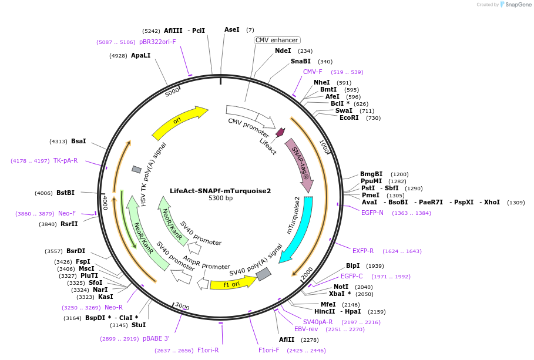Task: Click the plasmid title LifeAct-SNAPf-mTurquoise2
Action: [x=220, y=191]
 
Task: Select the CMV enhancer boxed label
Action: [x=277, y=40]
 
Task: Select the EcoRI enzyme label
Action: [x=349, y=118]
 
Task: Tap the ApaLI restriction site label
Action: [x=141, y=56]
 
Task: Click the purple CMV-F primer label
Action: [x=313, y=72]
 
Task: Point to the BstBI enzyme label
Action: [x=65, y=193]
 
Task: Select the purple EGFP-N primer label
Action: [x=372, y=213]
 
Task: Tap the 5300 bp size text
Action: [x=220, y=198]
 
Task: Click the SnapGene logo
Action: [x=517, y=5]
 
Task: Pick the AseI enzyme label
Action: [x=232, y=29]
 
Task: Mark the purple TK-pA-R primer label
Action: [x=65, y=160]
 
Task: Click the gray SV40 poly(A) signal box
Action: [x=264, y=274]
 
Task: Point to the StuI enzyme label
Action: [x=139, y=325]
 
